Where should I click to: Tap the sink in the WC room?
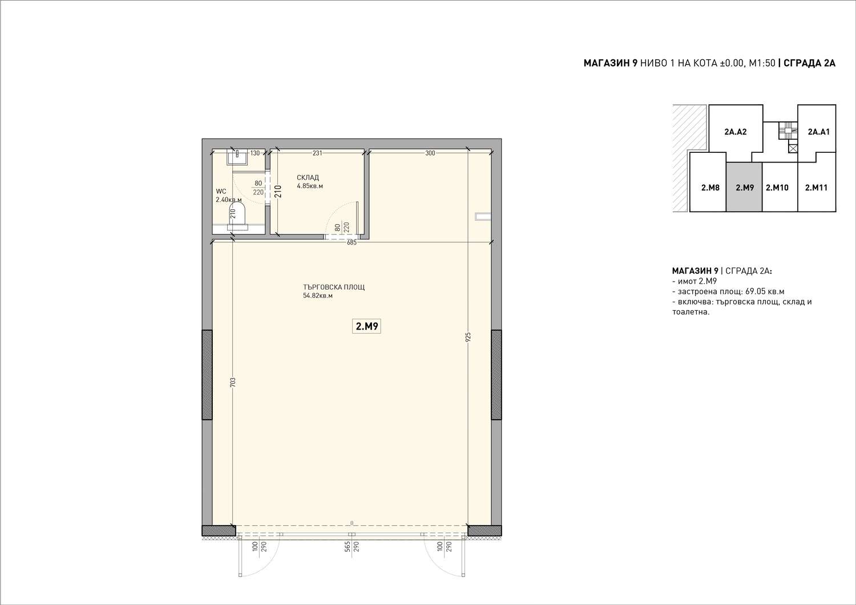click(x=238, y=157)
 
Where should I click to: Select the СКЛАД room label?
click(x=308, y=177)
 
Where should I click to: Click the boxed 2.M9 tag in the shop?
click(x=366, y=326)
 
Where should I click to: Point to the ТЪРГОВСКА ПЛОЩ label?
click(x=334, y=287)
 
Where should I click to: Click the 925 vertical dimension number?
click(x=469, y=337)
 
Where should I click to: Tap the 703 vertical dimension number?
click(x=233, y=382)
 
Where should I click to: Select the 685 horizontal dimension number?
click(x=352, y=242)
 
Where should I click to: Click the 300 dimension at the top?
click(x=430, y=153)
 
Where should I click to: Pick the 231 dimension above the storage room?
click(x=317, y=153)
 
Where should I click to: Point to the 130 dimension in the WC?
click(x=255, y=153)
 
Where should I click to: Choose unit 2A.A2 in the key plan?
click(x=736, y=132)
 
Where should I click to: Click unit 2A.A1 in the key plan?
click(x=818, y=132)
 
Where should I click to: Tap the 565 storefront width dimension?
click(x=348, y=547)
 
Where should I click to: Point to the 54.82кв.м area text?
click(x=317, y=295)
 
